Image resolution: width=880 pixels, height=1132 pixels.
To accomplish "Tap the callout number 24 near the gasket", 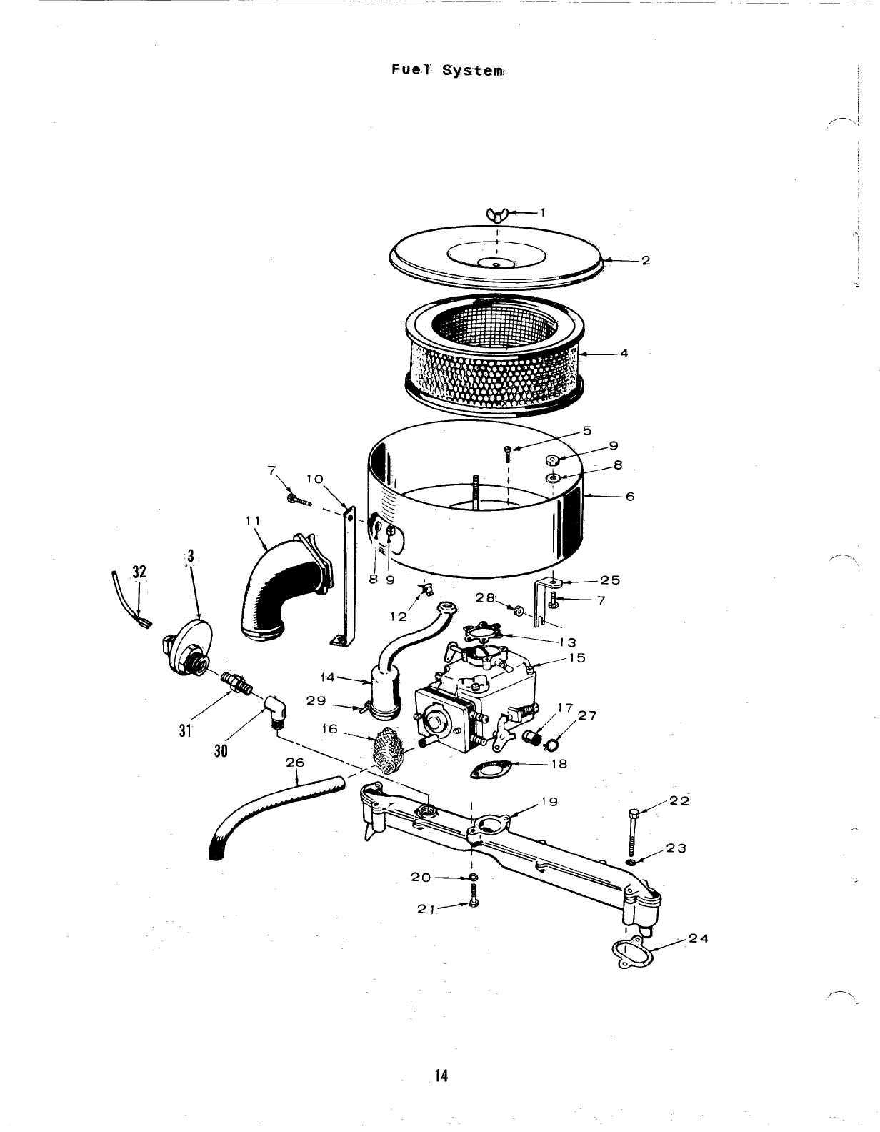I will [x=699, y=938].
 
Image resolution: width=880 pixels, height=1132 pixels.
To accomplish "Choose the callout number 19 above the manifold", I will [x=549, y=801].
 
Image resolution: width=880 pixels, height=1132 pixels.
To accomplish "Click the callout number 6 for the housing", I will [x=629, y=496].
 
